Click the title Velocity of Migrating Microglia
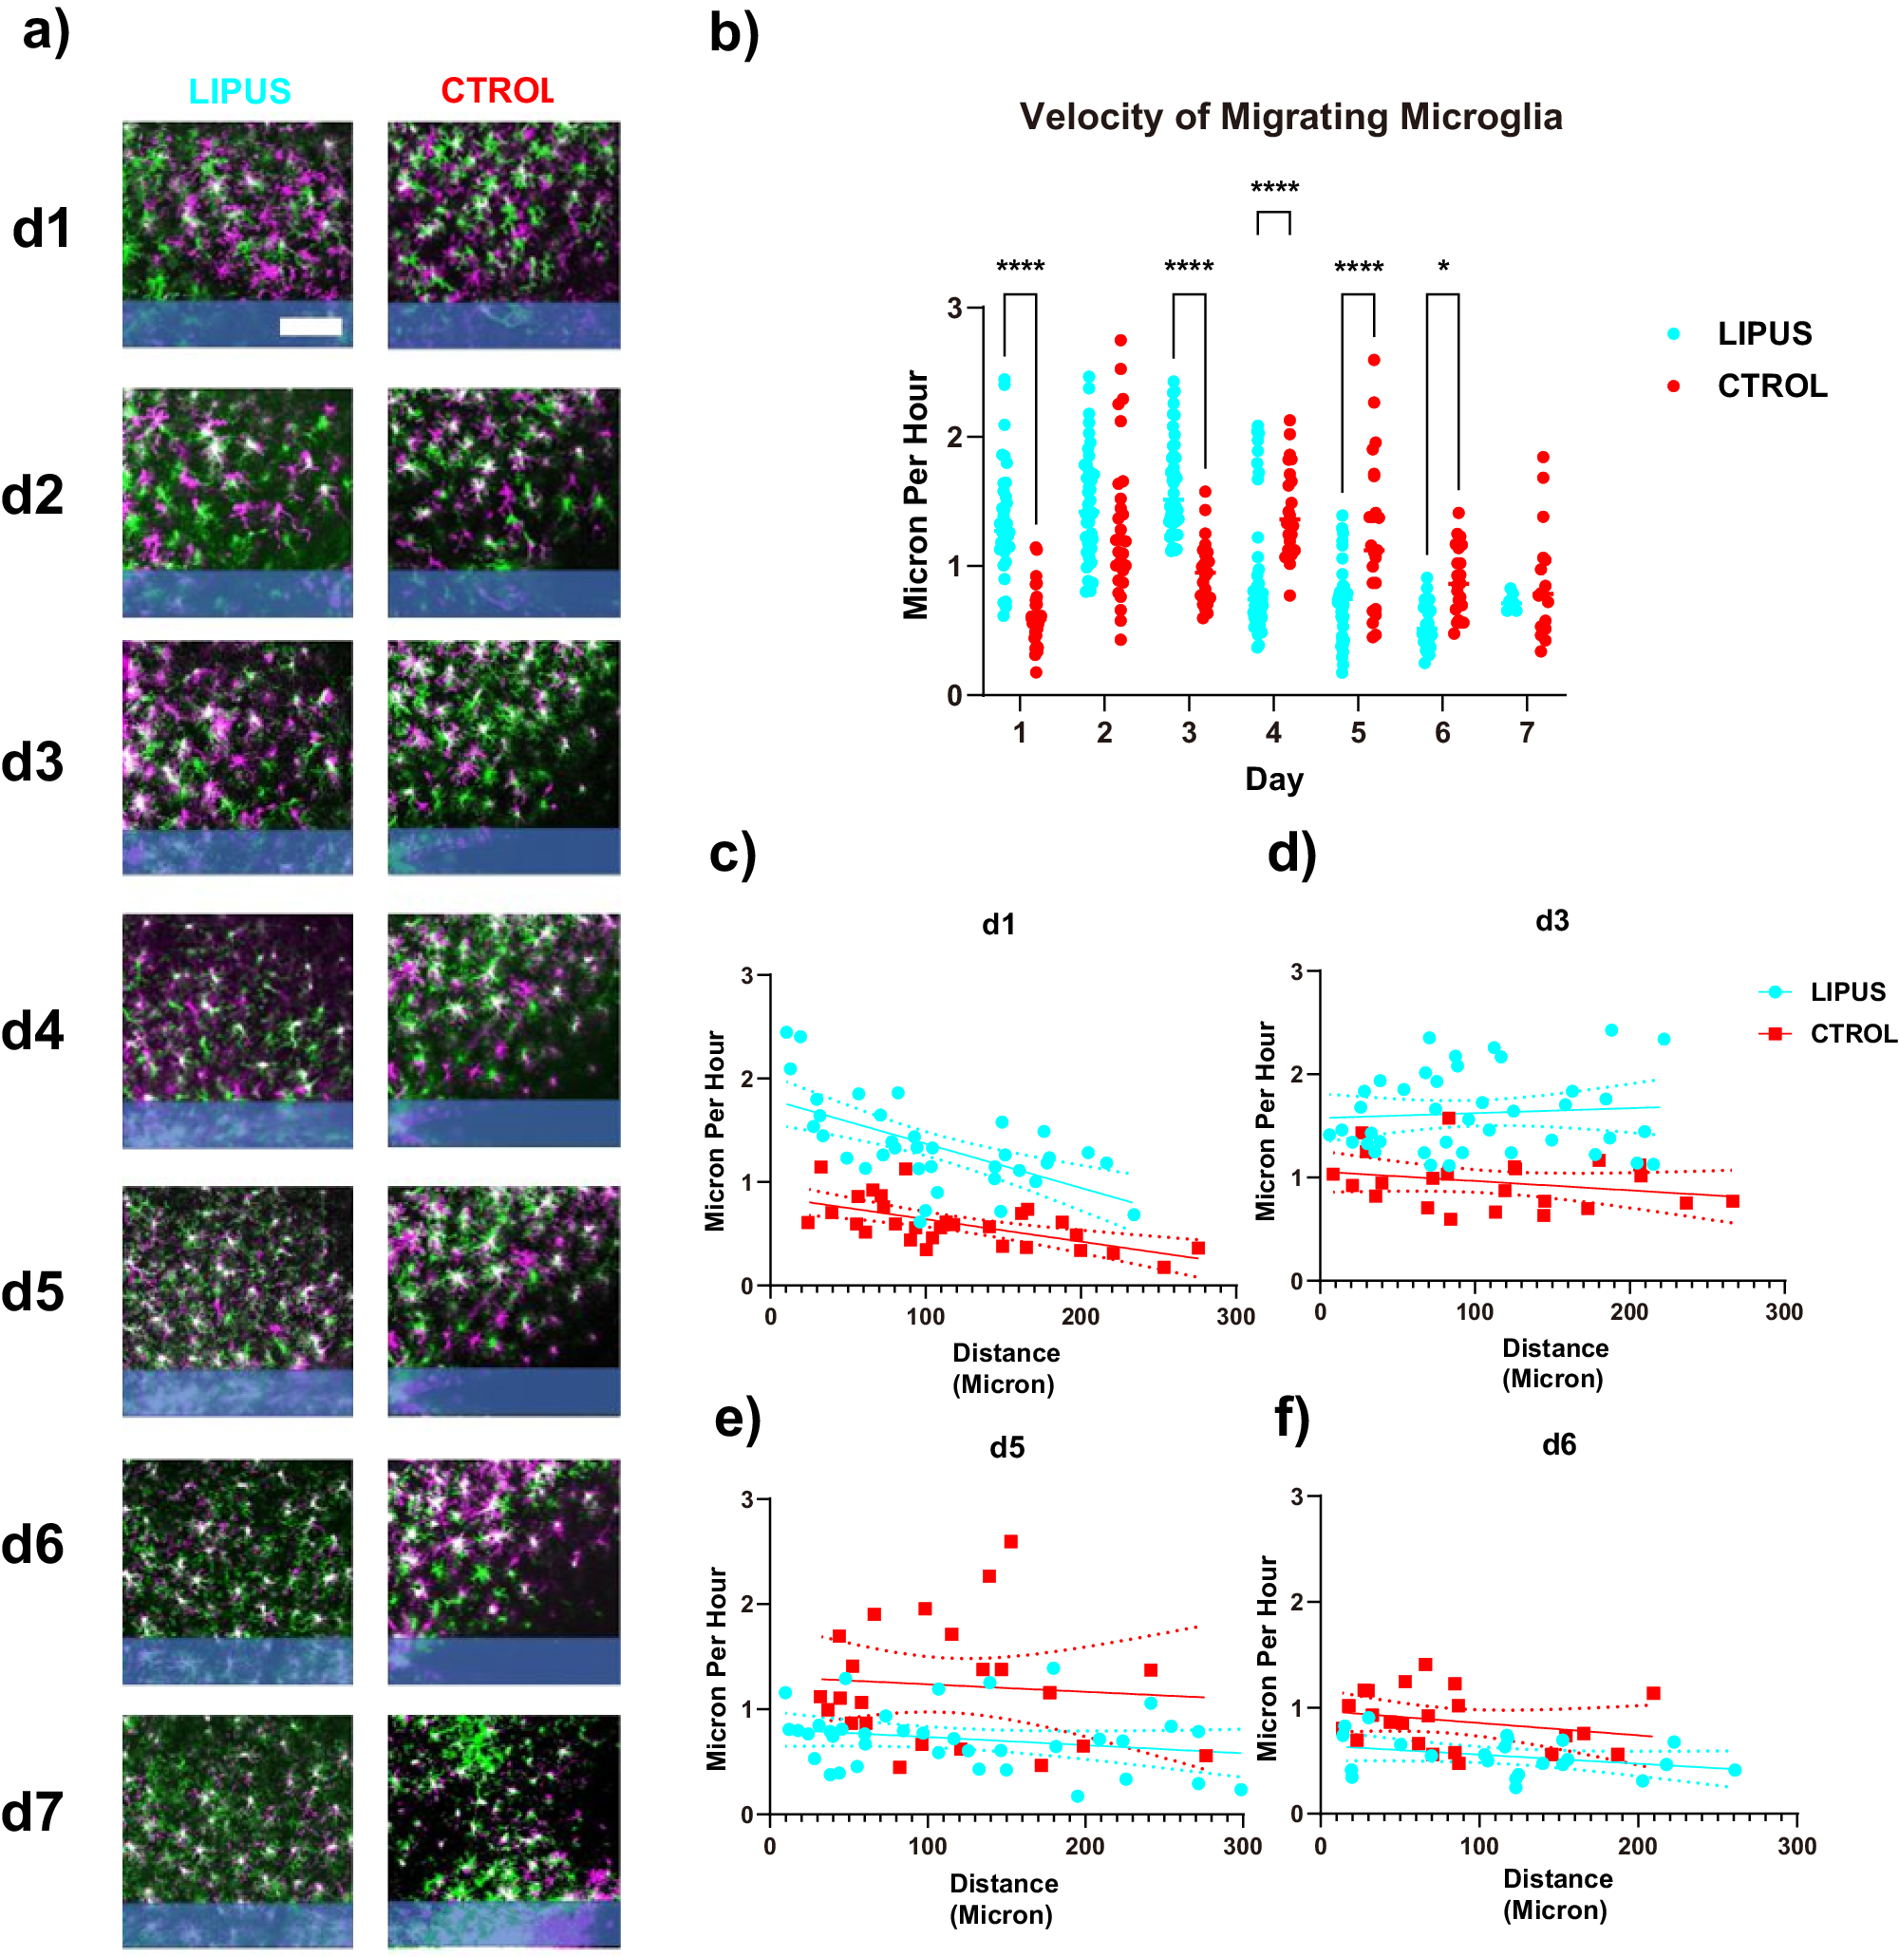click(x=1290, y=117)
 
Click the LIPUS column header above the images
click(x=239, y=91)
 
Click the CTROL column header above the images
click(x=497, y=91)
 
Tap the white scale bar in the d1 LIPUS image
click(x=310, y=327)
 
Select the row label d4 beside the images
click(x=33, y=1030)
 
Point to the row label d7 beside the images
click(x=33, y=1813)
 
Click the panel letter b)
click(x=734, y=32)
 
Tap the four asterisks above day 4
click(x=1274, y=188)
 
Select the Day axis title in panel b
click(x=1274, y=779)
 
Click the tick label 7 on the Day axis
click(x=1527, y=733)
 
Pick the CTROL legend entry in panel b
click(x=1770, y=386)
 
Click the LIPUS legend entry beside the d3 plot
click(x=1846, y=991)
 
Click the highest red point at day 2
click(x=1120, y=341)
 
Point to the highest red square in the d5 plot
click(x=1010, y=1542)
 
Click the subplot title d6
click(x=1558, y=1445)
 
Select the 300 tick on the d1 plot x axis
click(x=1235, y=1317)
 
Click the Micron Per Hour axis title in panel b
click(x=914, y=496)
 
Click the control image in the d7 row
click(x=503, y=1830)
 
